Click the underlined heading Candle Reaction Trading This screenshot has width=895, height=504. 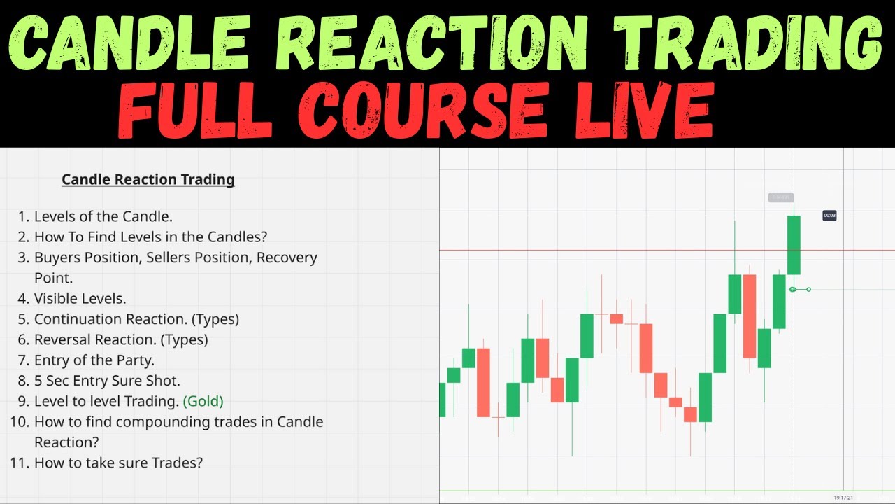pyautogui.click(x=148, y=179)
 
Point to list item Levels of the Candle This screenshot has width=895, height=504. pyautogui.click(x=103, y=216)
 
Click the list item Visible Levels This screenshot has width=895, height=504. pyautogui.click(x=80, y=298)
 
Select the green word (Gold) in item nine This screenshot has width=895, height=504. pyautogui.click(x=203, y=401)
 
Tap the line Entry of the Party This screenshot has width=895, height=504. pyautogui.click(x=94, y=360)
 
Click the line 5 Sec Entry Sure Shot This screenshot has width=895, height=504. pyautogui.click(x=106, y=381)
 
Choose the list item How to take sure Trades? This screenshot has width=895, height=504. pyautogui.click(x=118, y=463)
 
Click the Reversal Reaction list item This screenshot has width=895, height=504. pyautogui.click(x=120, y=339)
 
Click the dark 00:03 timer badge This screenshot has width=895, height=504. pyautogui.click(x=829, y=216)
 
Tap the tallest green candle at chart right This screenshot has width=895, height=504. pyautogui.click(x=794, y=245)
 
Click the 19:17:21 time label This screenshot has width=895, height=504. pyautogui.click(x=843, y=498)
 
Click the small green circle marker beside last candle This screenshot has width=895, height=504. pyautogui.click(x=793, y=289)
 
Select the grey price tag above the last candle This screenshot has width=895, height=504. pyautogui.click(x=780, y=197)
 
